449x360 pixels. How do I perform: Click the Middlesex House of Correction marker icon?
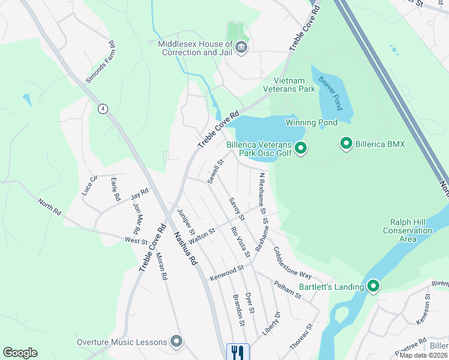click(241, 48)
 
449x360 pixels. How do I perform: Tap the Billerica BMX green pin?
click(346, 144)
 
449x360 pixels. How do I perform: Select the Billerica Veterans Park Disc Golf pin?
click(301, 148)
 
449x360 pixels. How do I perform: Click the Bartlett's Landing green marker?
click(373, 287)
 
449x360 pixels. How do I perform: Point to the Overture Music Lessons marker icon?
click(176, 342)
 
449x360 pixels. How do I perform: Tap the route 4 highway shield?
click(104, 108)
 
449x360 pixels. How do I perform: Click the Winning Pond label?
click(311, 122)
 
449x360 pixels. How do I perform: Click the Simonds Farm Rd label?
click(99, 61)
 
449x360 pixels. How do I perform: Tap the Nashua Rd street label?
click(184, 248)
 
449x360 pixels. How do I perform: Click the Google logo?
click(20, 353)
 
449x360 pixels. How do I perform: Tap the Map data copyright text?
click(423, 355)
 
